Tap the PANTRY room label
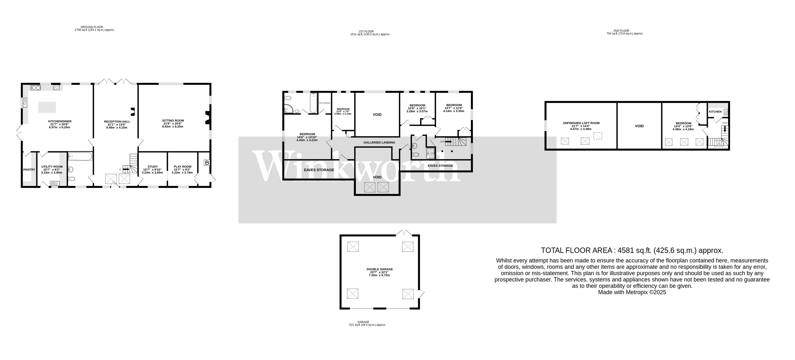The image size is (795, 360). [29, 169]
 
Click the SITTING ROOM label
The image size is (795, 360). [173, 121]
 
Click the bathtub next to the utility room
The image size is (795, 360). [80, 156]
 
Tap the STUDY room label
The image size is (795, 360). [152, 166]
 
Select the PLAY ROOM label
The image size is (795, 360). [182, 166]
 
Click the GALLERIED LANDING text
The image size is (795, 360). [379, 142]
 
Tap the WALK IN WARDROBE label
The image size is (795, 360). [325, 103]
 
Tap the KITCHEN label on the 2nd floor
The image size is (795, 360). [715, 112]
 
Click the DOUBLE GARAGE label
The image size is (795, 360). [380, 269]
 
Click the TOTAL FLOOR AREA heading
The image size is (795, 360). [632, 250]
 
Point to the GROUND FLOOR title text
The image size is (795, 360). [92, 27]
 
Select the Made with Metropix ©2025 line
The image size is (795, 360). [632, 292]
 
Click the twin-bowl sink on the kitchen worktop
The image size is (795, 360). [36, 88]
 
